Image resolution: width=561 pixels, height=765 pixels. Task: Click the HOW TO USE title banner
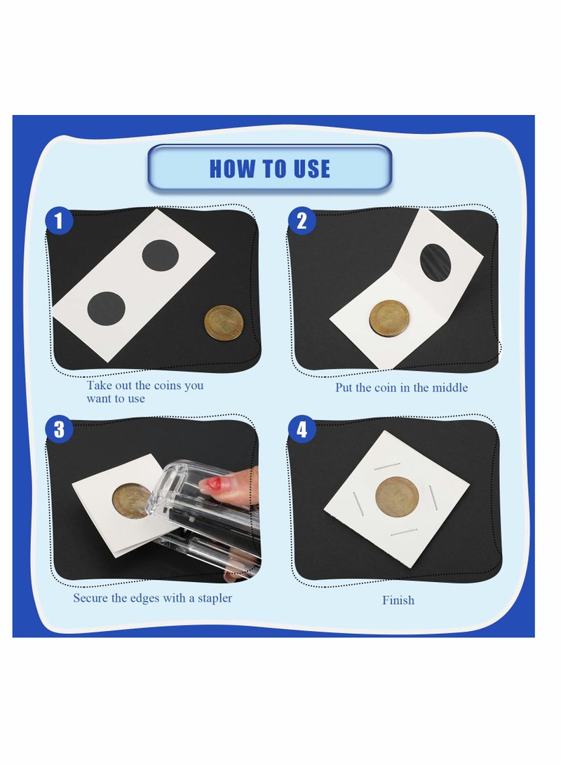tap(269, 168)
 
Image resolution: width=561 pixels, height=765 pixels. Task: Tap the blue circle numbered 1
tap(60, 222)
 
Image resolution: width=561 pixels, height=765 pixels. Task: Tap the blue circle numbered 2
tap(302, 222)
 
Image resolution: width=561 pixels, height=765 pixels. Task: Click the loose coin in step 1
tap(224, 323)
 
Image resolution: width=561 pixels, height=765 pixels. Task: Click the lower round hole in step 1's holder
tap(105, 309)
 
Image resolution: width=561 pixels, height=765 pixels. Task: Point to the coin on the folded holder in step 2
tap(389, 318)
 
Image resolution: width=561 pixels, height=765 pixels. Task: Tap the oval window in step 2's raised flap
tap(435, 263)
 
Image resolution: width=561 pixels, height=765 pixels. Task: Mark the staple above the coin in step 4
tap(387, 466)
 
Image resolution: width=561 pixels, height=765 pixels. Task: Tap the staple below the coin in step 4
tap(405, 532)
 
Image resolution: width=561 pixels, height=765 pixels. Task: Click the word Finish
tap(398, 600)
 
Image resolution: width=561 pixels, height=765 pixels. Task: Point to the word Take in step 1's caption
tap(99, 386)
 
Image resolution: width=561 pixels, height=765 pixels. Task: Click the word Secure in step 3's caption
tap(90, 598)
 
